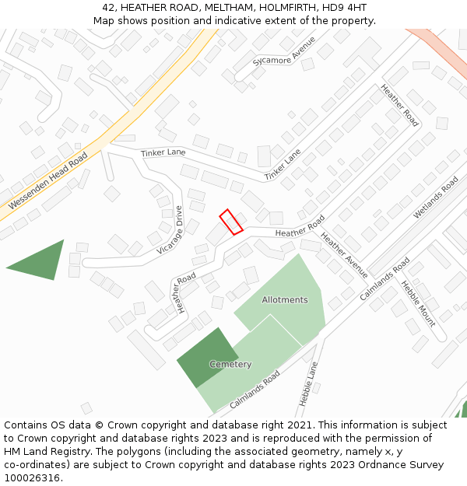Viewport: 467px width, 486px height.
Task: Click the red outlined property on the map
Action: click(231, 222)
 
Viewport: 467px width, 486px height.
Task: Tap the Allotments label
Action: click(284, 299)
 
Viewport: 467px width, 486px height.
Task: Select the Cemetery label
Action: click(230, 364)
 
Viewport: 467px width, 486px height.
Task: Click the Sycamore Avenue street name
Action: click(284, 52)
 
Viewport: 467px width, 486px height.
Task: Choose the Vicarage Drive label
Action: click(170, 229)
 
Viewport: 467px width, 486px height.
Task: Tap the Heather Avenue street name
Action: click(344, 255)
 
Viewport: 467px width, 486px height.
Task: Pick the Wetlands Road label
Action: click(436, 198)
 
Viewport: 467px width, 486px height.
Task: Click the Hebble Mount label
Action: click(418, 304)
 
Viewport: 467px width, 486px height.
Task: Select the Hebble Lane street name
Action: click(309, 383)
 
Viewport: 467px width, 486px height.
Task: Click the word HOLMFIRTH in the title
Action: click(272, 7)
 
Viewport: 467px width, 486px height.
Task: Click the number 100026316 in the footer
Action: click(30, 478)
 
